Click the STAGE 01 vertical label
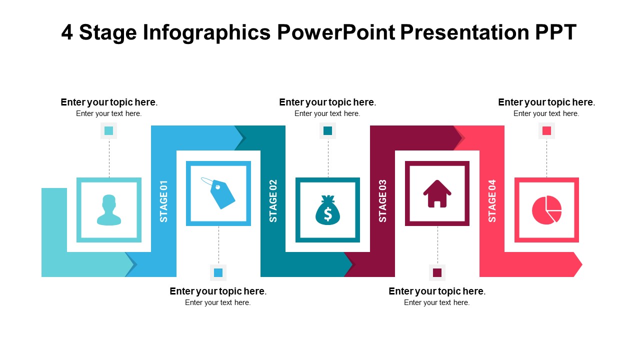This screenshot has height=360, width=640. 163,201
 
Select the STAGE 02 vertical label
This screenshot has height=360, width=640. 273,201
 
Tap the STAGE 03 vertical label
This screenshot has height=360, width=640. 382,201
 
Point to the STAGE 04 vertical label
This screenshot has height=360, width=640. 492,201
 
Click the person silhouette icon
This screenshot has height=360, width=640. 109,210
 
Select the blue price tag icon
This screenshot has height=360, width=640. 218,193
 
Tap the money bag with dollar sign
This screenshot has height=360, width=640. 327,210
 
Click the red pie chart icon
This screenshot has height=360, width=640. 546,210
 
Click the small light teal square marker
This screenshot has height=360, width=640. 109,131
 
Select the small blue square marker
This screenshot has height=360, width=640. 218,272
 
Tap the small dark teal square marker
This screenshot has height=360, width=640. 327,131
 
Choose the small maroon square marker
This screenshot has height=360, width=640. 437,272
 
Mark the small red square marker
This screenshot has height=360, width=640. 546,131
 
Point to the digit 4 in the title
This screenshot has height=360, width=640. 67,33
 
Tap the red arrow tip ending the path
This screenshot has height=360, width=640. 577,264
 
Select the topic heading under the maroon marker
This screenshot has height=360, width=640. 436,291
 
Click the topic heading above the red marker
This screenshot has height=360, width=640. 546,102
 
